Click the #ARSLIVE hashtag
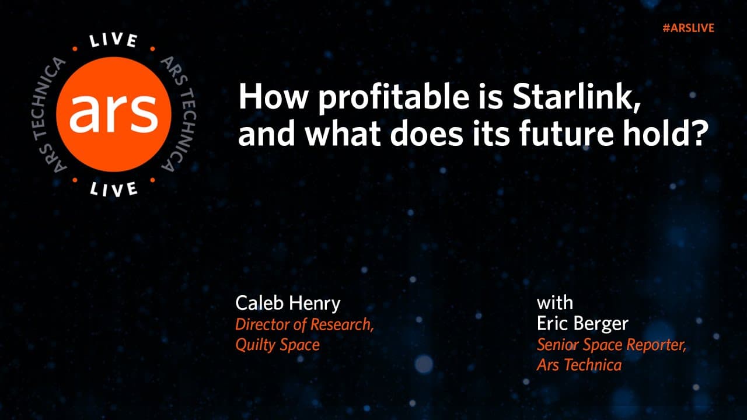[689, 28]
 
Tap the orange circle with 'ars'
[114, 114]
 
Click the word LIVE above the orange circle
[114, 41]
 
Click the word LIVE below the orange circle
[114, 188]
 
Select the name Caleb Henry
[288, 303]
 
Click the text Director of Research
[304, 324]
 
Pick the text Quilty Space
[277, 345]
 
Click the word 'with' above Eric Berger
[555, 303]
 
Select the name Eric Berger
[583, 324]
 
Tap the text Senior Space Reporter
[611, 345]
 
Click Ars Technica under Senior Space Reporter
[579, 366]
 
